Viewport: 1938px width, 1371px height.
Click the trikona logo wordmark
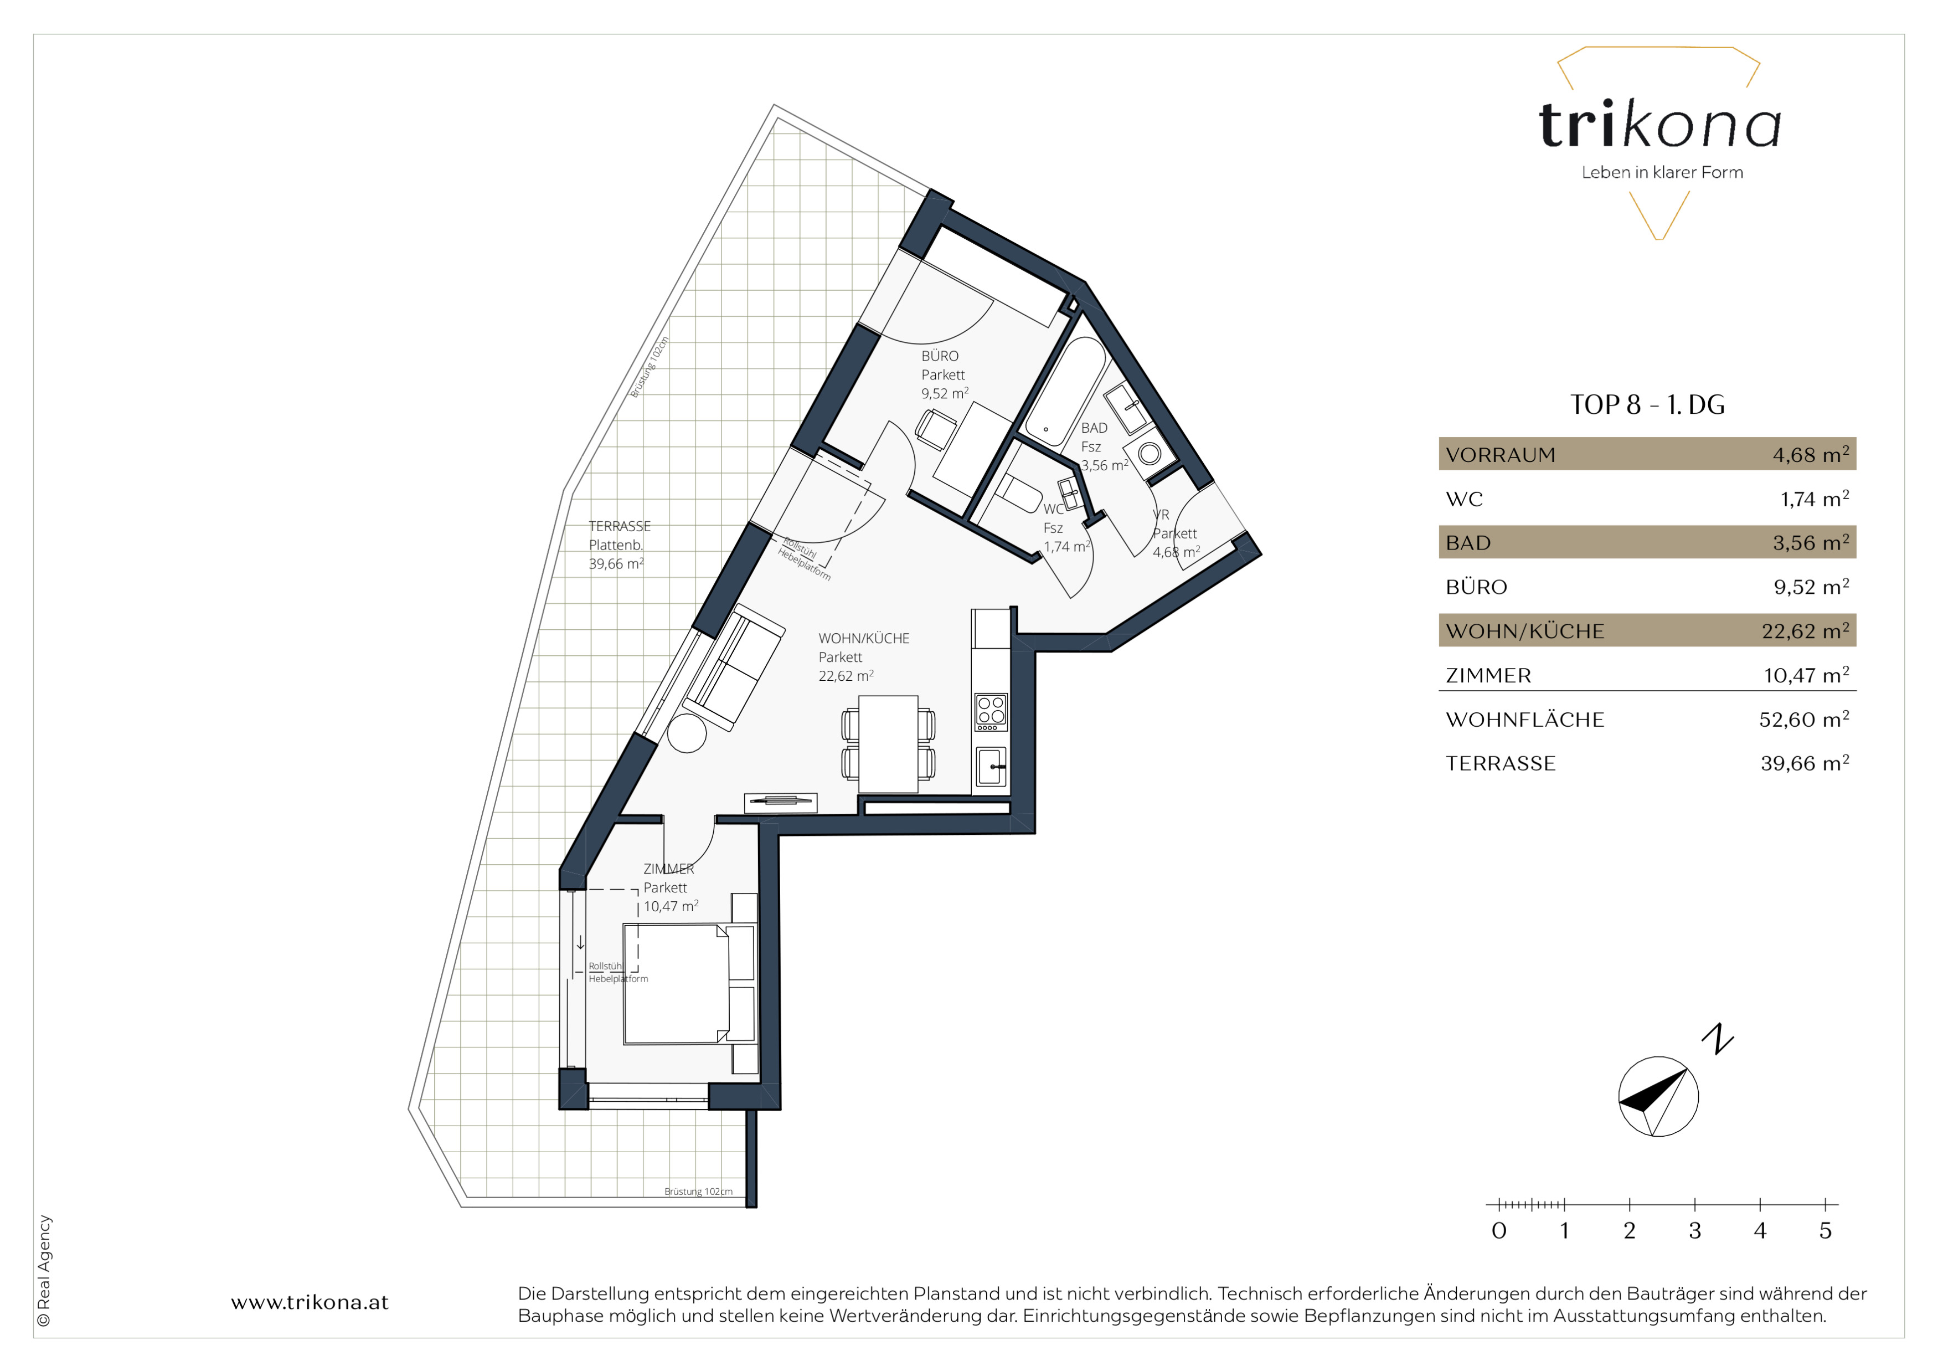pos(1660,125)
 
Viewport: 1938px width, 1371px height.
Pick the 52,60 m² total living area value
pos(1804,718)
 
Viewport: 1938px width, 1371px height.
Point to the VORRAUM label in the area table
pos(1500,455)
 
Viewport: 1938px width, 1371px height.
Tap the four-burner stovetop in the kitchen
pos(991,712)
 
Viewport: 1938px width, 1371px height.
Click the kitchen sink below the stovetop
pos(991,767)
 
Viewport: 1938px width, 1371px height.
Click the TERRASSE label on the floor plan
pos(620,526)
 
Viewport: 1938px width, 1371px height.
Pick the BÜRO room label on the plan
pos(940,356)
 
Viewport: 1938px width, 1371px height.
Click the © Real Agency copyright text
pos(44,1271)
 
